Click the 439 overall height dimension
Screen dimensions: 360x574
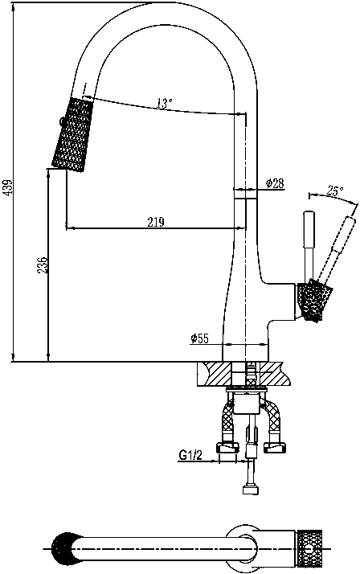9,187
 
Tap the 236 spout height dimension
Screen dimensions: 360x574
43,264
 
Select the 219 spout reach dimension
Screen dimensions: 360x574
156,222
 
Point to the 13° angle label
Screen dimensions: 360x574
164,103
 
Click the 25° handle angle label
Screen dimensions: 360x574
335,191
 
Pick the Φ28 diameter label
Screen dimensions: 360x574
275,183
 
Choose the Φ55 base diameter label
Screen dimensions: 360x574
199,338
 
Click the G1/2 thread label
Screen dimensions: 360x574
190,455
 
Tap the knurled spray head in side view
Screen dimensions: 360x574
72,134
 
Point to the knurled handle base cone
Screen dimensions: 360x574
315,301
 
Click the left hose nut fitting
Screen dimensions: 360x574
227,447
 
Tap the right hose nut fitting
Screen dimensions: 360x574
275,447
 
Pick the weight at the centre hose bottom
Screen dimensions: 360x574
251,490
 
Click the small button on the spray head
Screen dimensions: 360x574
61,121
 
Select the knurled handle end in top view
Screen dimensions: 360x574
309,549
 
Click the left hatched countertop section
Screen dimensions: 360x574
215,374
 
